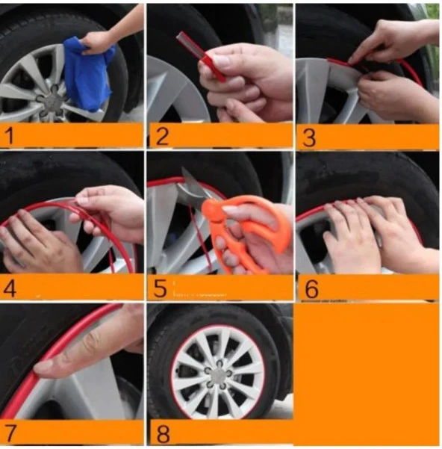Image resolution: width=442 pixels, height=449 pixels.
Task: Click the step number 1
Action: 10,136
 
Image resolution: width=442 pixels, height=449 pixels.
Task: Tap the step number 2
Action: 163,136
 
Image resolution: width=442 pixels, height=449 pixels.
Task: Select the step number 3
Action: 309,137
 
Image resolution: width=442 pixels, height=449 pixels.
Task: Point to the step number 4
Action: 9,288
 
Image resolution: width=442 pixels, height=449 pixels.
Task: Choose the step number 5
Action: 160,288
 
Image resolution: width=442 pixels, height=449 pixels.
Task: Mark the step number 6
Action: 311,289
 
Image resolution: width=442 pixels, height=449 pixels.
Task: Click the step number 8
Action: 163,434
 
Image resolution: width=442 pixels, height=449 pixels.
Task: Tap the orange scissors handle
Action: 246,229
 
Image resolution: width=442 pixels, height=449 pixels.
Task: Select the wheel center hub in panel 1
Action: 52,102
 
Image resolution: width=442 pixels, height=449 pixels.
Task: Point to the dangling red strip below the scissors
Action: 200,238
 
